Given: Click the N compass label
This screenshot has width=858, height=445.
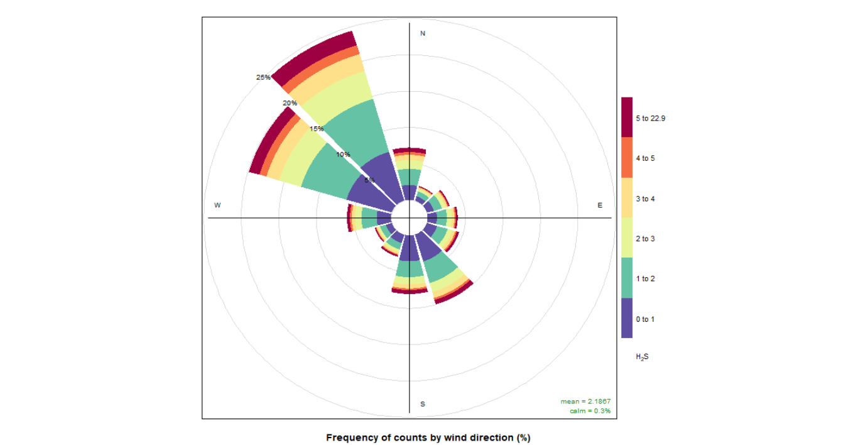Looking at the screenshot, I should pyautogui.click(x=423, y=33).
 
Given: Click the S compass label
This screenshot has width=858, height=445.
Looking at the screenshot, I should pyautogui.click(x=423, y=404).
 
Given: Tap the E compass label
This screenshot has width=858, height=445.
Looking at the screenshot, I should pyautogui.click(x=599, y=206).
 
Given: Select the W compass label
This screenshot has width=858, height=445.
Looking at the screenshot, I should pyautogui.click(x=217, y=206).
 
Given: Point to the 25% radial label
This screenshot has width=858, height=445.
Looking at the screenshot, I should pyautogui.click(x=263, y=77).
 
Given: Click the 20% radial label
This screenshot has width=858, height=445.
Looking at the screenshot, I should pyautogui.click(x=290, y=103).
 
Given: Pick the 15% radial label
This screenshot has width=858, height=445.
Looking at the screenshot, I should pyautogui.click(x=316, y=129).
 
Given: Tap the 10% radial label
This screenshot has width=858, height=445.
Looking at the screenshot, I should pyautogui.click(x=342, y=155).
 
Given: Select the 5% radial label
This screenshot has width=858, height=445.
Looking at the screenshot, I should pyautogui.click(x=369, y=180).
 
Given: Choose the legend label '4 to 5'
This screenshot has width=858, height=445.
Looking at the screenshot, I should pyautogui.click(x=644, y=158).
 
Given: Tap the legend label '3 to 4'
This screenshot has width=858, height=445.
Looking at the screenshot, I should pyautogui.click(x=644, y=199).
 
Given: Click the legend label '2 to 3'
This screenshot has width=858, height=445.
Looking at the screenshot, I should pyautogui.click(x=644, y=239).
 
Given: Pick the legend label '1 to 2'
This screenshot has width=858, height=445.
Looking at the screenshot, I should pyautogui.click(x=644, y=278).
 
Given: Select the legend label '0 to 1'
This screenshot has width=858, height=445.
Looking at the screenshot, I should pyautogui.click(x=644, y=319).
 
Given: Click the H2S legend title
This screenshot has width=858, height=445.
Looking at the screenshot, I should pyautogui.click(x=641, y=357).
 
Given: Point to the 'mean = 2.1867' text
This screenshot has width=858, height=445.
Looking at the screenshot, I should pyautogui.click(x=585, y=401).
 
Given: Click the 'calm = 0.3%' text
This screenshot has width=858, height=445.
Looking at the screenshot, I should pyautogui.click(x=589, y=411).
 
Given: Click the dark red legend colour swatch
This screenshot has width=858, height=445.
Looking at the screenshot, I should pyautogui.click(x=627, y=118).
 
